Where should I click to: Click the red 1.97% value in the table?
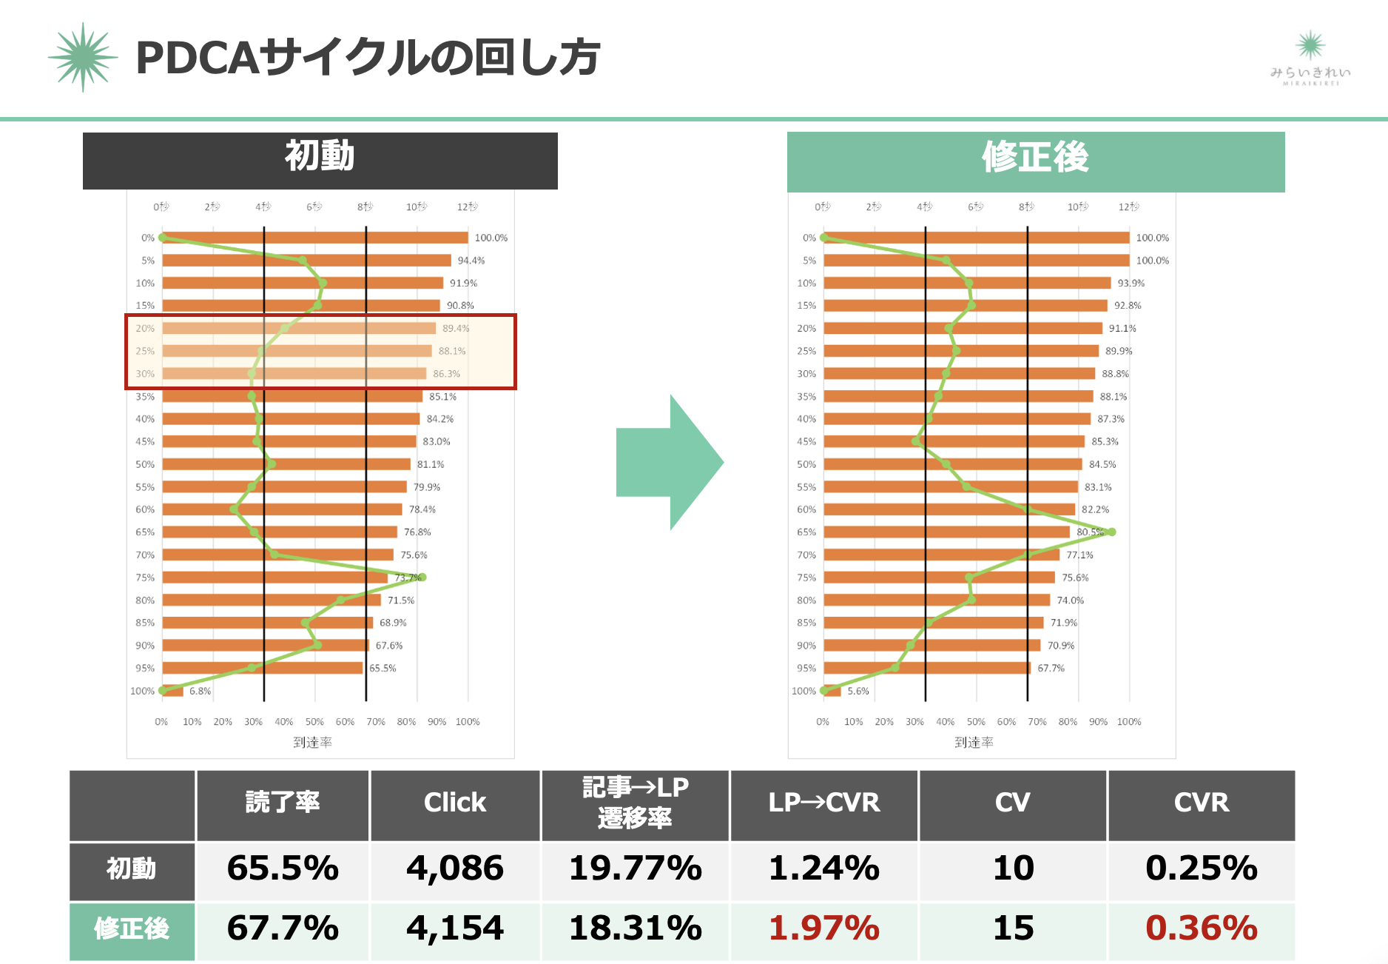(823, 928)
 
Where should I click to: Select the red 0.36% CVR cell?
(1201, 928)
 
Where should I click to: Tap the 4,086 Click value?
(454, 868)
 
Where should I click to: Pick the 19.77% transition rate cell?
(635, 868)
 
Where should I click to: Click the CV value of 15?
(1013, 928)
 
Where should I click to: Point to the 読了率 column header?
(282, 803)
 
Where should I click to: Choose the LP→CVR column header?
(823, 803)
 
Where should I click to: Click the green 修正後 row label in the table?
(132, 928)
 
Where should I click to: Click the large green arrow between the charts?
(669, 462)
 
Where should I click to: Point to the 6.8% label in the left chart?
(200, 691)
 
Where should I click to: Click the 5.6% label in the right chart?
(858, 691)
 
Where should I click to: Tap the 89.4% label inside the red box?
(456, 328)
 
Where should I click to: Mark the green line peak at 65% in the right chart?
(1111, 532)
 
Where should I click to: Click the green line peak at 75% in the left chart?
(422, 577)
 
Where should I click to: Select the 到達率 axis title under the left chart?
(312, 742)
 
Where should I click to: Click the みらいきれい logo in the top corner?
(1310, 58)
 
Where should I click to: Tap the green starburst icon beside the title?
(83, 57)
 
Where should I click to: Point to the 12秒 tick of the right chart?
(1128, 207)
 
